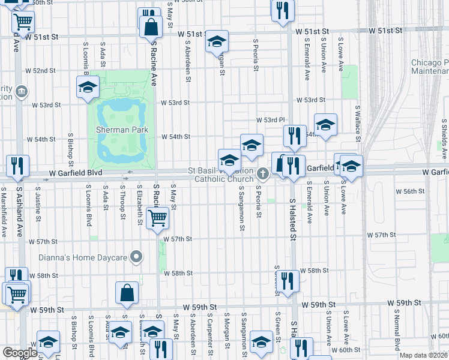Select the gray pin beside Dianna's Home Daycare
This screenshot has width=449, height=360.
pyautogui.click(x=137, y=257)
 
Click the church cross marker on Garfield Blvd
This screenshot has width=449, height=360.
pyautogui.click(x=262, y=174)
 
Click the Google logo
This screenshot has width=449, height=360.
pyautogui.click(x=20, y=353)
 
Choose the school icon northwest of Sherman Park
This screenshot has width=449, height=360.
pyautogui.click(x=88, y=87)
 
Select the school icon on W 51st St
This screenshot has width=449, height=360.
pyautogui.click(x=217, y=42)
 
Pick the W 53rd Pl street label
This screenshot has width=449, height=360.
pyautogui.click(x=270, y=121)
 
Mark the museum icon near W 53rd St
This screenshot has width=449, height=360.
pyautogui.click(x=22, y=91)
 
